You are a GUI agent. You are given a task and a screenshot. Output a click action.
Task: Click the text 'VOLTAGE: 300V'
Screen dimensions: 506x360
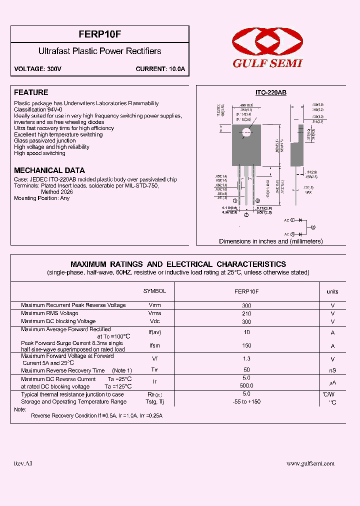[x=37, y=69]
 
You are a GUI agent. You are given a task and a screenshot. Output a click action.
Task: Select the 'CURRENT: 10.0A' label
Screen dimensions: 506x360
[x=160, y=69]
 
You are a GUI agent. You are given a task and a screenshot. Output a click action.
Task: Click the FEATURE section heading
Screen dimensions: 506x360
[x=31, y=92]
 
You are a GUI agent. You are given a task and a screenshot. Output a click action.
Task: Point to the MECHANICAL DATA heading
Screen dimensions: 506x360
[x=49, y=170]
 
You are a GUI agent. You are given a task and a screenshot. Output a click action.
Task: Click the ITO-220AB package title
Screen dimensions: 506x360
[x=270, y=93]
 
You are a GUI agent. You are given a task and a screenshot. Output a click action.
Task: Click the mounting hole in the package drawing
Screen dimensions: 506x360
[x=246, y=132]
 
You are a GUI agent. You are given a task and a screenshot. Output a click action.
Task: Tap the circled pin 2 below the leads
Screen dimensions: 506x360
[x=246, y=215]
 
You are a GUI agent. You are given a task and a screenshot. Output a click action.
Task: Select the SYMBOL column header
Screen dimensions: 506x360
[x=154, y=291]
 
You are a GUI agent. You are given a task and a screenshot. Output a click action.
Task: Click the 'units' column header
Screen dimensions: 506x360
[x=332, y=291]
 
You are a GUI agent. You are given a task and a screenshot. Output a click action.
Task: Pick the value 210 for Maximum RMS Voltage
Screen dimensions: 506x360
[x=246, y=313]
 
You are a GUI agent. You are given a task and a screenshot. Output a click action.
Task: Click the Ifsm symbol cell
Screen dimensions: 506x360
[x=154, y=345]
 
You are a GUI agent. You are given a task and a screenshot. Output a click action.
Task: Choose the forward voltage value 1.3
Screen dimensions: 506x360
[x=246, y=358]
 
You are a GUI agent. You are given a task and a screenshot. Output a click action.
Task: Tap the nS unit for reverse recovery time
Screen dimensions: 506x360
[x=332, y=370]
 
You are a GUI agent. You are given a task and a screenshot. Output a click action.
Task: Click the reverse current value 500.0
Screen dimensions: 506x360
[x=246, y=385]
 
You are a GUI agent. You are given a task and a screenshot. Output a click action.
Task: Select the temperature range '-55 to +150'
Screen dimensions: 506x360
[x=246, y=401]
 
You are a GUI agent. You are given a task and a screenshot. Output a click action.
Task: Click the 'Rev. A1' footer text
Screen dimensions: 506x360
[x=23, y=463]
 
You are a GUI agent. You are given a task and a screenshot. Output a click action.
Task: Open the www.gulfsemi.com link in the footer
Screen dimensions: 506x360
[x=310, y=463]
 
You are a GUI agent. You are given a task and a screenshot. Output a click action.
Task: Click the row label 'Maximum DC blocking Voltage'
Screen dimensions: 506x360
[x=58, y=321]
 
